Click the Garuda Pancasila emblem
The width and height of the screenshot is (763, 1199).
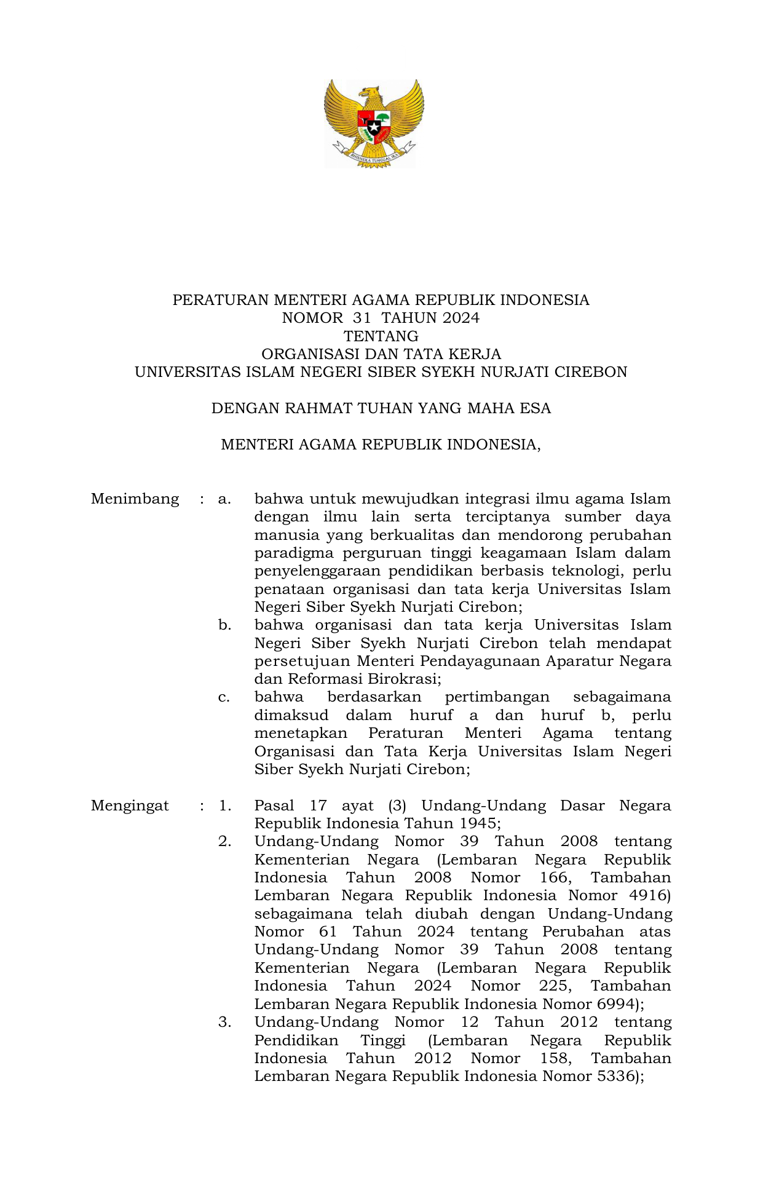[x=374, y=123]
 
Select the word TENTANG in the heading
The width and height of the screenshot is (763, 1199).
[x=381, y=336]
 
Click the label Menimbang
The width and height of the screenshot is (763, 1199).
[x=135, y=499]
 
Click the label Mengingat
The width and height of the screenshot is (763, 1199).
[x=130, y=805]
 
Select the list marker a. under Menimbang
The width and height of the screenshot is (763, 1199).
[x=224, y=499]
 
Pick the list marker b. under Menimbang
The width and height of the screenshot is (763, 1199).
[x=224, y=625]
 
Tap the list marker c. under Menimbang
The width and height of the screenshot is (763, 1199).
[x=224, y=697]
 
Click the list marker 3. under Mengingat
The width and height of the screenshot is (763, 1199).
[x=224, y=1022]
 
